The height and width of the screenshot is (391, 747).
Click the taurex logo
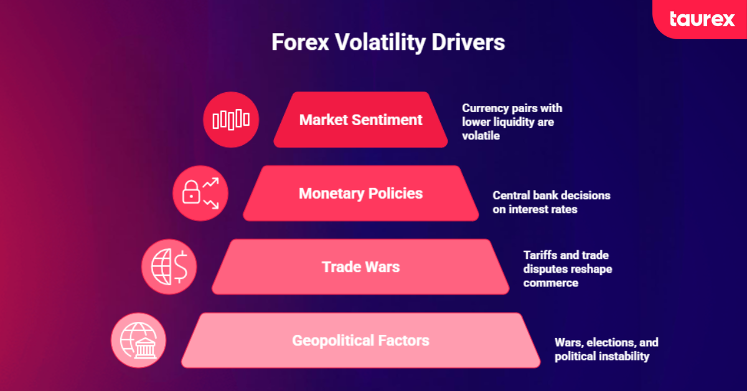pyautogui.click(x=702, y=19)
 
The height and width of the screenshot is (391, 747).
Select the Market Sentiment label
pyautogui.click(x=360, y=120)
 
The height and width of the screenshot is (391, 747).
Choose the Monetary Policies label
pyautogui.click(x=360, y=193)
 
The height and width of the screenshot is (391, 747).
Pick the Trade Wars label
pyautogui.click(x=360, y=267)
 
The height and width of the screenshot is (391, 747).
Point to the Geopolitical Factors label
pyautogui.click(x=360, y=341)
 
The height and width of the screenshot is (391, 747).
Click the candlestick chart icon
pyautogui.click(x=231, y=120)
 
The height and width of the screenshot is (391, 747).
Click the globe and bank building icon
pyautogui.click(x=138, y=341)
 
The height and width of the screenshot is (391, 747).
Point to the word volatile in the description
pyautogui.click(x=481, y=136)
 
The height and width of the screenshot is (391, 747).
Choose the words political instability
pyautogui.click(x=601, y=356)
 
